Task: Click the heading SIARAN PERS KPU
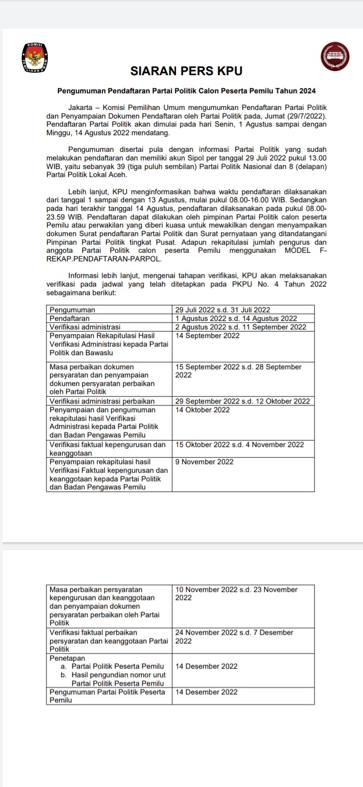[x=187, y=72]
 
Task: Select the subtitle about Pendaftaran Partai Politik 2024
[x=187, y=91]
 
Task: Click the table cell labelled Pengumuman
[x=73, y=309]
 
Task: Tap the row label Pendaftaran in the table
[x=70, y=318]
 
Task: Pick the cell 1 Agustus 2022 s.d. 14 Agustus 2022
[x=235, y=318]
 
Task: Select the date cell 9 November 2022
[x=204, y=462]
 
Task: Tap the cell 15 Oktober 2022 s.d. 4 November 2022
[x=239, y=444]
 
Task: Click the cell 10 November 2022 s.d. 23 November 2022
[x=236, y=593]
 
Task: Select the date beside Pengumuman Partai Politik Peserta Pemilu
[x=206, y=692]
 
